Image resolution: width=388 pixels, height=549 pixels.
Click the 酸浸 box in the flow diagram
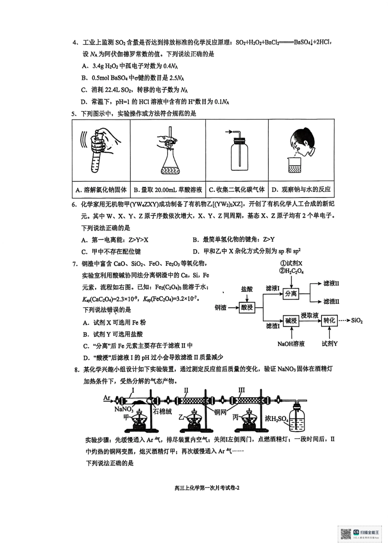pos(247,307)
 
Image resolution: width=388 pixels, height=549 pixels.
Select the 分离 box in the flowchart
pos(291,293)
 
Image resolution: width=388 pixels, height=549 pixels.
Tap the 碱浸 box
pos(291,321)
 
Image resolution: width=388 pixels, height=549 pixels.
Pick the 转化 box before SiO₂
pos(329,320)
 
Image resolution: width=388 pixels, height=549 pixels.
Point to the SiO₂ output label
pos(357,320)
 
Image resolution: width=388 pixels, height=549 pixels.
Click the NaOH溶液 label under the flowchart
pos(291,344)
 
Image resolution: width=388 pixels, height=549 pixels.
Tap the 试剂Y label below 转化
pos(329,344)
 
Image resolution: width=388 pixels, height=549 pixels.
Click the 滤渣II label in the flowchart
pos(331,301)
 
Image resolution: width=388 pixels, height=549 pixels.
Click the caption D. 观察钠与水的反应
pos(301,189)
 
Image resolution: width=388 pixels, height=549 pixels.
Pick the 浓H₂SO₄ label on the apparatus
pos(277,419)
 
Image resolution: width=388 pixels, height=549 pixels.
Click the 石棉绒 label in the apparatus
pos(162,411)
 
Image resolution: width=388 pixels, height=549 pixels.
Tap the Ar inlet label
pos(107,398)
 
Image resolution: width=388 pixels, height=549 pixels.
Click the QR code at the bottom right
pos(346,534)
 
